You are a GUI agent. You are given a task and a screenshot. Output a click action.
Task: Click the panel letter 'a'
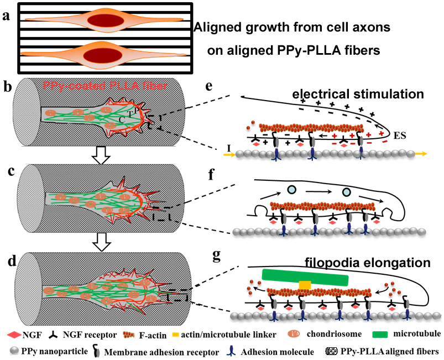click(x=7, y=16)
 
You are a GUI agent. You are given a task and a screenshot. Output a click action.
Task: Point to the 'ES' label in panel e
click(x=401, y=134)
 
